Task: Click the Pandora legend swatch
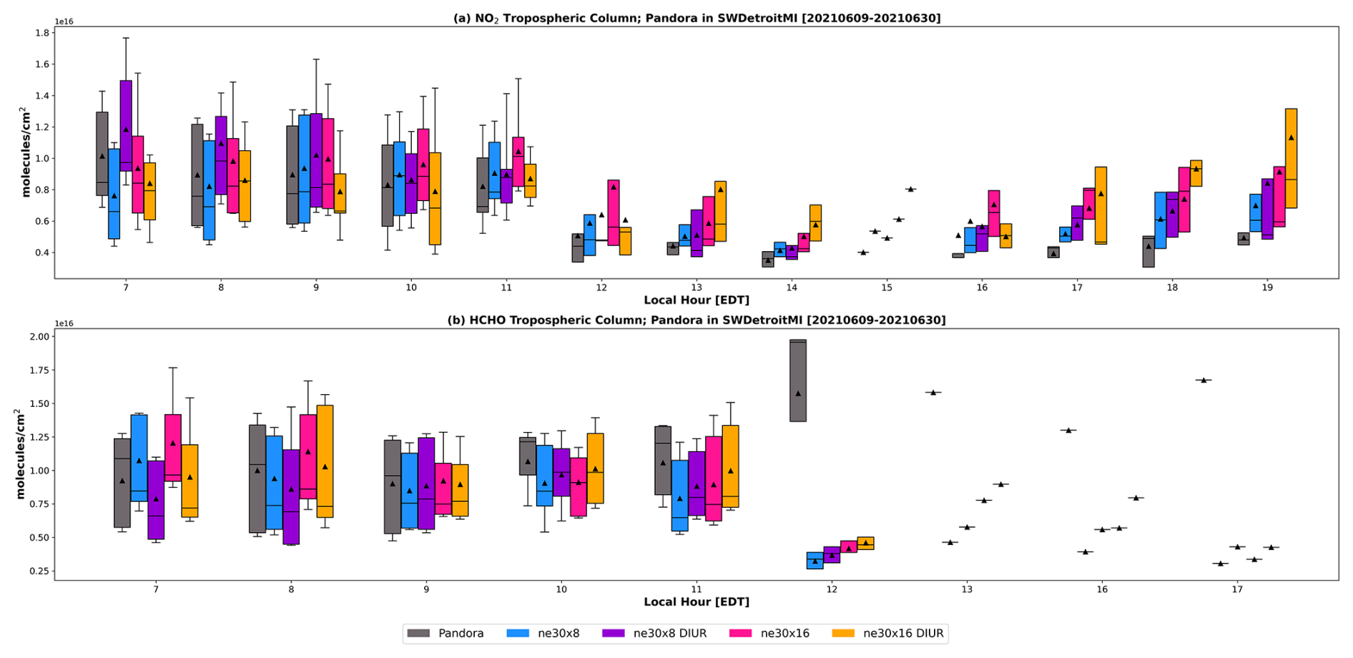pyautogui.click(x=418, y=634)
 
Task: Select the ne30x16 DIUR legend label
pyautogui.click(x=902, y=634)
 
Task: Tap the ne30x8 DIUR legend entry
pyautogui.click(x=669, y=634)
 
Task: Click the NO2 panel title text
pyautogui.click(x=697, y=18)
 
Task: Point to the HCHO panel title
pyautogui.click(x=697, y=320)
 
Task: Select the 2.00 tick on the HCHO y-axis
pyautogui.click(x=40, y=337)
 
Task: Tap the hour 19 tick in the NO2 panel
pyautogui.click(x=1267, y=288)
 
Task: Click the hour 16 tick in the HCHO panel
pyautogui.click(x=1102, y=589)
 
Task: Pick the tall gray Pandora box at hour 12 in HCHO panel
pyautogui.click(x=798, y=380)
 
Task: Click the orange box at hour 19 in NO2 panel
pyautogui.click(x=1291, y=158)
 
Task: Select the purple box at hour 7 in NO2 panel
pyautogui.click(x=126, y=125)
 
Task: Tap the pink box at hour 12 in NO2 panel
pyautogui.click(x=613, y=212)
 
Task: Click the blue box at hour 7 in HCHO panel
pyautogui.click(x=139, y=458)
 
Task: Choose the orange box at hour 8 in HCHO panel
pyautogui.click(x=325, y=461)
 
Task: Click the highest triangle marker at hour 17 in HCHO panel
pyautogui.click(x=1204, y=380)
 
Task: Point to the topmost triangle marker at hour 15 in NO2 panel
pyautogui.click(x=910, y=190)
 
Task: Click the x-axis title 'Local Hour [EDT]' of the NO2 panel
pyautogui.click(x=697, y=300)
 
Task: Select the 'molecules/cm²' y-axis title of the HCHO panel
pyautogui.click(x=20, y=453)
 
